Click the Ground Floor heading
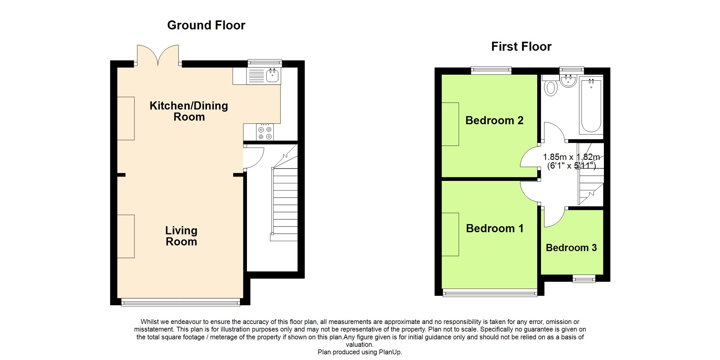pos(206,25)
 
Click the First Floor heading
pos(521,47)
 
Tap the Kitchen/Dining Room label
pos(189,111)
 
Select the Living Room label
pos(181,236)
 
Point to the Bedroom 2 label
pos(494,120)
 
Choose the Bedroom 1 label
pos(495,228)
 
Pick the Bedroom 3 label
pos(571,248)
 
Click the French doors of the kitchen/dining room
pos(158,55)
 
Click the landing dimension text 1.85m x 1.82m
pos(571,157)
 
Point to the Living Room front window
pos(181,302)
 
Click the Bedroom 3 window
pos(584,279)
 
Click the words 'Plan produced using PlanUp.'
pos(360,352)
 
